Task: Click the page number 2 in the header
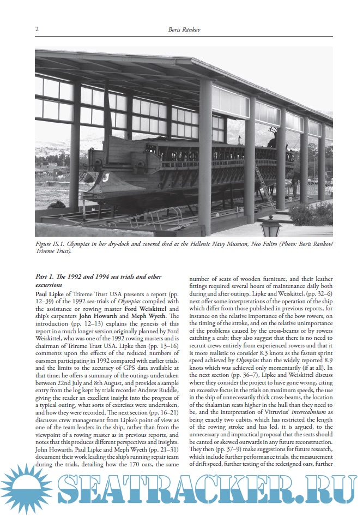click(x=37, y=29)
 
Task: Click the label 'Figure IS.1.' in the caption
click(x=52, y=243)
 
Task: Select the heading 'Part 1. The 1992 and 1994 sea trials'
click(x=98, y=277)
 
